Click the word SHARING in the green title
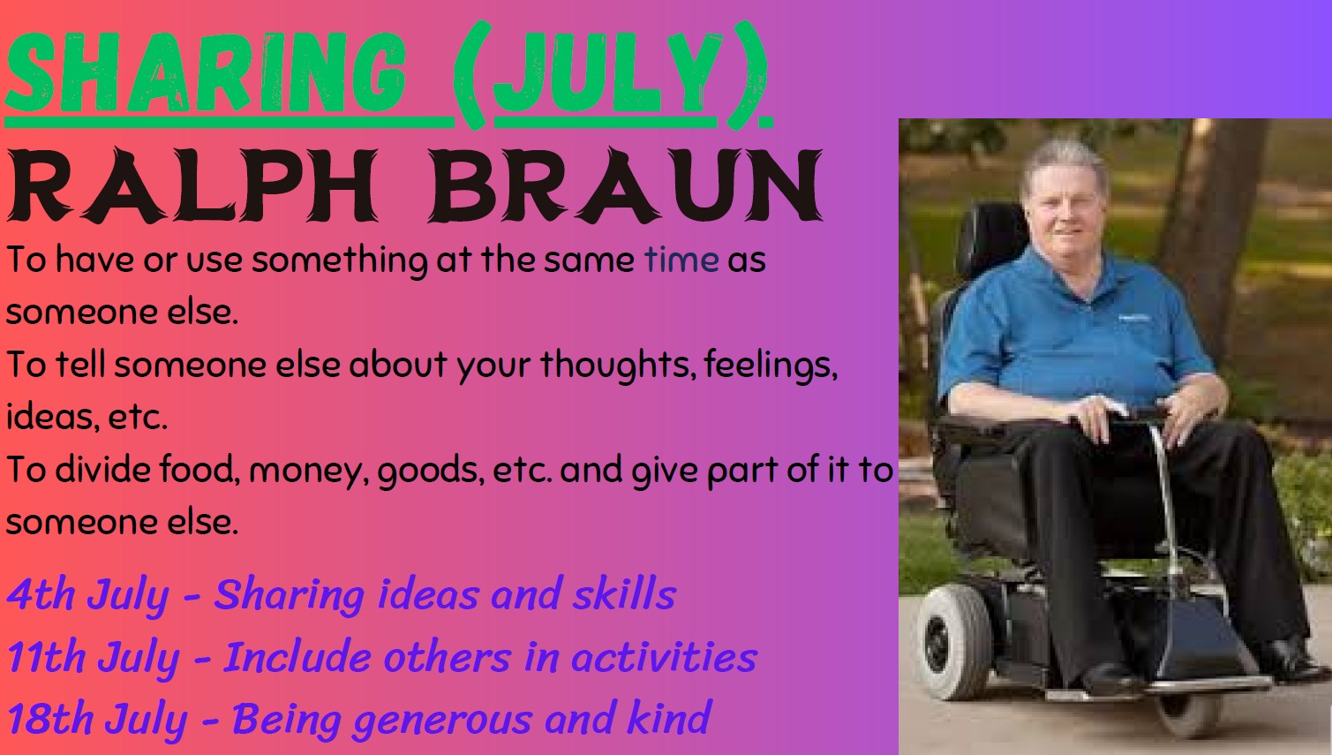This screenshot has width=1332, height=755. [206, 72]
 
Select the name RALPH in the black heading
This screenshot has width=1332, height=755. [192, 185]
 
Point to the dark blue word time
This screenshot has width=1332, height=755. [681, 260]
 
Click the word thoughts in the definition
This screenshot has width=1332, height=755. [618, 365]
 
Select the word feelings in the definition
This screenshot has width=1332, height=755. [771, 365]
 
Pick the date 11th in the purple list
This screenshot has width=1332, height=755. [46, 658]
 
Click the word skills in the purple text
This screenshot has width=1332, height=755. [624, 593]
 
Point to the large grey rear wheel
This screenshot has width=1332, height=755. [954, 641]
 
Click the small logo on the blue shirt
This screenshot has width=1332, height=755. [1133, 318]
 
